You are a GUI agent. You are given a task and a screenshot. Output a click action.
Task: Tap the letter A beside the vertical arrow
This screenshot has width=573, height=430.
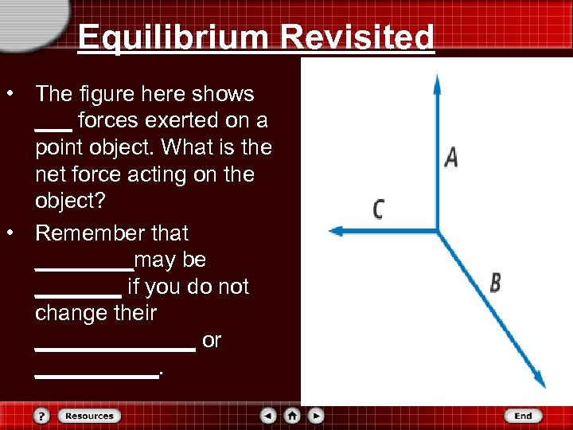(x=451, y=157)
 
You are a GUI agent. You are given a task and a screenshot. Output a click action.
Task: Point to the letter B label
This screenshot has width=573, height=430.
(x=496, y=283)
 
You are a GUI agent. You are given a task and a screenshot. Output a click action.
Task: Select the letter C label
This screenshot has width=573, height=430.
(x=379, y=209)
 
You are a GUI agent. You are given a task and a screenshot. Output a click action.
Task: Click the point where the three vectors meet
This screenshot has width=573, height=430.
(x=437, y=231)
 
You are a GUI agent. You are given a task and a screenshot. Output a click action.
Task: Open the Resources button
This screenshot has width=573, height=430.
(x=89, y=416)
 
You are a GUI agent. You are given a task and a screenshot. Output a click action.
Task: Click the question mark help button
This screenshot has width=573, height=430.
(x=42, y=416)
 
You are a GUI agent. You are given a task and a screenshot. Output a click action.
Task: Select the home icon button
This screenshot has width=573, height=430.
(x=293, y=416)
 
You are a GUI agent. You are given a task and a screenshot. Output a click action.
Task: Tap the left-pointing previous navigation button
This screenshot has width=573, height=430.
(x=269, y=416)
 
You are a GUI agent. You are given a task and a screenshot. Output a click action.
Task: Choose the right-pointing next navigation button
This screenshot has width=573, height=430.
(x=316, y=416)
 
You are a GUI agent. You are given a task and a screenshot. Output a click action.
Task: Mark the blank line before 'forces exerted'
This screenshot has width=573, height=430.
(x=53, y=127)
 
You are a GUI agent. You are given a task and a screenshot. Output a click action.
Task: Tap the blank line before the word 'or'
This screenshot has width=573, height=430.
(x=115, y=348)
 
